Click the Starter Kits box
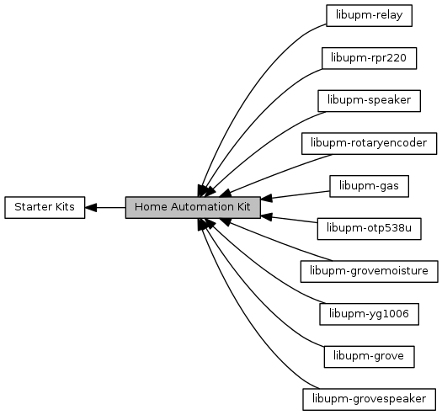(45, 207)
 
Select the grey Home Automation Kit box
(193, 207)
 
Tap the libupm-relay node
(369, 15)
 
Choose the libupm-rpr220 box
(369, 58)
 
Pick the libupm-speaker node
(369, 101)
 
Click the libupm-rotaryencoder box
(369, 143)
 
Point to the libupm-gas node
(369, 186)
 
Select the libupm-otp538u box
(369, 229)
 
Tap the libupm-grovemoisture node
(369, 271)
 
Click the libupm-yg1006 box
(369, 314)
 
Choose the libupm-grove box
(369, 357)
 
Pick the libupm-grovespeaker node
(369, 399)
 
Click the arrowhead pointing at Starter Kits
(91, 207)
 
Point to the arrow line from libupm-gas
(296, 195)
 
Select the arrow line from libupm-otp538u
(289, 220)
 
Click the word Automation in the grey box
(202, 207)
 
